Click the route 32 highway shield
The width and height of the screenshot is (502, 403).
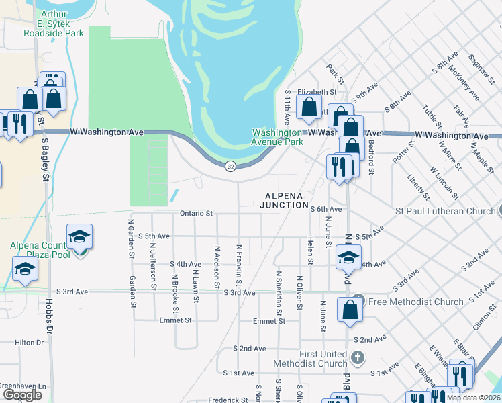click(230, 166)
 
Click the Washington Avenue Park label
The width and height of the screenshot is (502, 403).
click(277, 137)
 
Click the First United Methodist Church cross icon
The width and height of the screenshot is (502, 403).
click(358, 357)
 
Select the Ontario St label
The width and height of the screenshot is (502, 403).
click(196, 213)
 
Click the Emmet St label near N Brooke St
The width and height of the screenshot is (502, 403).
click(176, 321)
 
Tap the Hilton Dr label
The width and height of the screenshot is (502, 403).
click(30, 343)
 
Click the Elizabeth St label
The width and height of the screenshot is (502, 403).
click(317, 91)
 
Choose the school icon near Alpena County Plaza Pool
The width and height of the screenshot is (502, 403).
click(79, 237)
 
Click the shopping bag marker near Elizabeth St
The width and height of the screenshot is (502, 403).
click(309, 107)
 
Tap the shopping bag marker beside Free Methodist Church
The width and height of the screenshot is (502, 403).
click(350, 310)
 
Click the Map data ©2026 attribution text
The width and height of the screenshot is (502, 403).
click(473, 398)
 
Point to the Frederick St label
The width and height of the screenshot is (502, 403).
click(228, 400)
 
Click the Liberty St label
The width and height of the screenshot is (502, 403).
click(418, 187)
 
